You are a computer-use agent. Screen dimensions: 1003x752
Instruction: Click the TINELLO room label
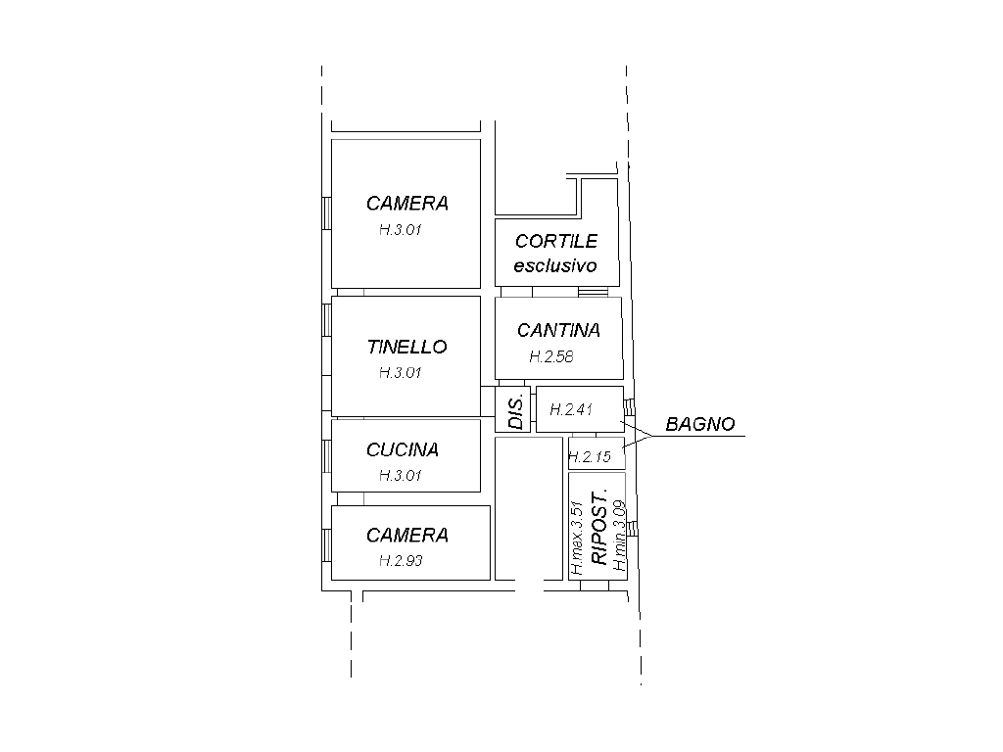click(x=406, y=348)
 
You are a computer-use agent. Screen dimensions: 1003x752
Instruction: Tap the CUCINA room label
click(x=403, y=450)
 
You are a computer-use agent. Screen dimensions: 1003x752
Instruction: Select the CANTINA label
click(x=558, y=331)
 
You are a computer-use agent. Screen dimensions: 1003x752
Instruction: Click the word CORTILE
click(x=556, y=241)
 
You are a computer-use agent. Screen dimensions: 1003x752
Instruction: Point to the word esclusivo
click(x=555, y=265)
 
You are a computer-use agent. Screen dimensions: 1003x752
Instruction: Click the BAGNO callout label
click(x=700, y=424)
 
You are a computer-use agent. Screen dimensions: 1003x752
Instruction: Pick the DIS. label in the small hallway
click(x=516, y=411)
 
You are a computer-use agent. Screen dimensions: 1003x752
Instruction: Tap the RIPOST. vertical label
click(x=598, y=528)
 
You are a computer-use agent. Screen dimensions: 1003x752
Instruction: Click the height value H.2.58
click(x=551, y=356)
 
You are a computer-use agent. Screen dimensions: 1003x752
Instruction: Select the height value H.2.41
click(x=571, y=409)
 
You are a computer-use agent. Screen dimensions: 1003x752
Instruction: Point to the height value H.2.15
click(x=590, y=457)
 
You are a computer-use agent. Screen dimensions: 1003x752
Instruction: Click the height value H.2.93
click(x=401, y=561)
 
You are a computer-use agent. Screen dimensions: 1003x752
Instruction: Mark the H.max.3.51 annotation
click(x=576, y=538)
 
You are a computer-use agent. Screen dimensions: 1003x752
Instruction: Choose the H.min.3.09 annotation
click(x=619, y=536)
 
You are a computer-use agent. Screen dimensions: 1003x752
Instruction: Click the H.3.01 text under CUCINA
click(x=401, y=476)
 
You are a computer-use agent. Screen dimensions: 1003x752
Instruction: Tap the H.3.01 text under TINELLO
click(x=401, y=373)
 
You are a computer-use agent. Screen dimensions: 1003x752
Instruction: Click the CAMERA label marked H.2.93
click(x=407, y=536)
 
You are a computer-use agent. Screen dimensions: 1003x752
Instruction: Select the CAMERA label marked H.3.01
click(x=407, y=204)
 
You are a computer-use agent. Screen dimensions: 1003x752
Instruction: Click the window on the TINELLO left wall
click(x=326, y=320)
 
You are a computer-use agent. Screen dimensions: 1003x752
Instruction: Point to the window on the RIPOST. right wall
click(x=632, y=528)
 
